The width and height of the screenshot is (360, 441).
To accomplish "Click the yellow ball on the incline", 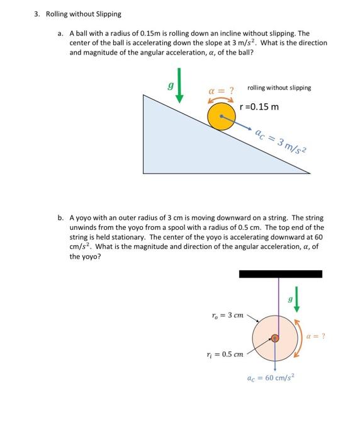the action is [x=221, y=117].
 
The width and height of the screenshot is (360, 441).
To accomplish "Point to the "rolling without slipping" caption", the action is [x=279, y=88].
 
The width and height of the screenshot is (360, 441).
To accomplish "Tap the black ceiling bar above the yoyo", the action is [x=280, y=274].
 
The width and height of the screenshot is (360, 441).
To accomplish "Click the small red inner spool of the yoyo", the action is [x=274, y=338].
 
